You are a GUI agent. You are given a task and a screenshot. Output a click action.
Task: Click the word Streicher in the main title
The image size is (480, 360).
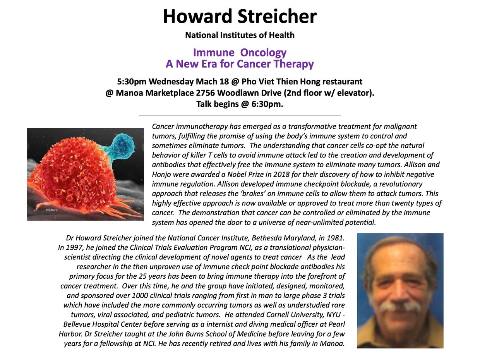(x=277, y=16)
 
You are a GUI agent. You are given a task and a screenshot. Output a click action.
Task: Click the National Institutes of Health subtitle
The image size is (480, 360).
(x=240, y=35)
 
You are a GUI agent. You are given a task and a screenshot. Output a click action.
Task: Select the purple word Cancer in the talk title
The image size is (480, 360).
(x=254, y=64)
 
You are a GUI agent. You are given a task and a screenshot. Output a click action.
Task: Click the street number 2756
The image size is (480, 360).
(x=205, y=93)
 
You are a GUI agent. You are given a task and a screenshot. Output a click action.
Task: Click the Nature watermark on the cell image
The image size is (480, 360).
(x=52, y=210)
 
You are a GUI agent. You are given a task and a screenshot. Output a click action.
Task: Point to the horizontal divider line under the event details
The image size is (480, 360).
(x=240, y=116)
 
